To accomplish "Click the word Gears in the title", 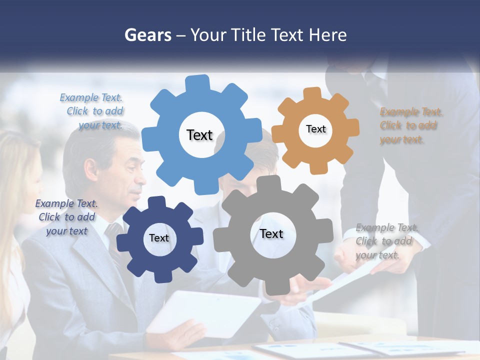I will point(147,35).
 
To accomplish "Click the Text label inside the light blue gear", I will point(199,135).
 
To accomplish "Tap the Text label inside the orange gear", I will point(315,129).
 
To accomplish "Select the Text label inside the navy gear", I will point(158,238).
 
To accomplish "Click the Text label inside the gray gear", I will point(271,233).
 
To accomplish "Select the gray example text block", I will point(386,241).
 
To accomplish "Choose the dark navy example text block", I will point(66,217).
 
